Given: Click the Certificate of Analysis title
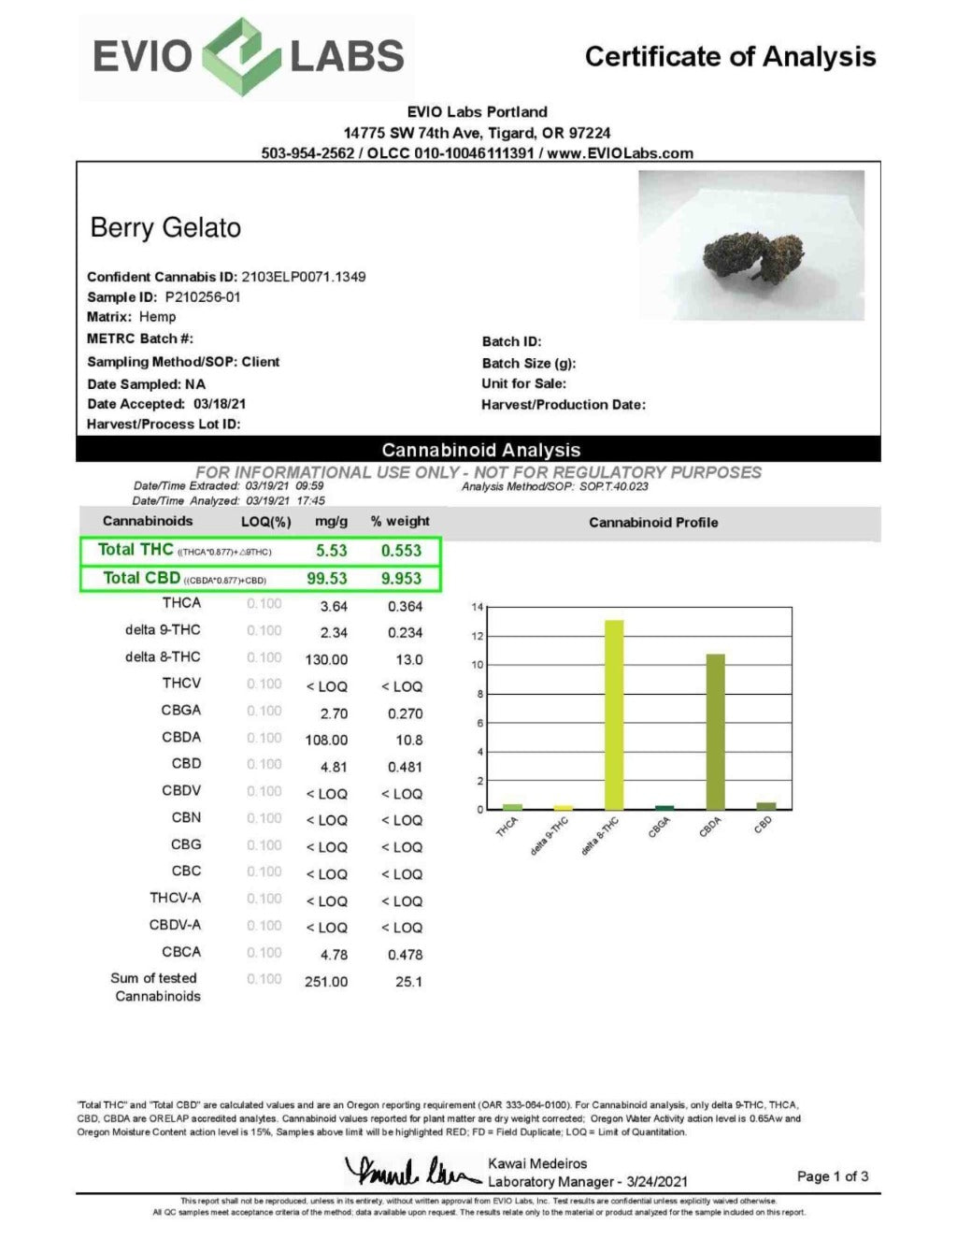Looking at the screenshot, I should coord(730,57).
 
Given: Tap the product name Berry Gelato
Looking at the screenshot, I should coord(165,228).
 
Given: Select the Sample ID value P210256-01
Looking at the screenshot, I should coord(203,297).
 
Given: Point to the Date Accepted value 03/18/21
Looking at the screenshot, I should coord(220,404).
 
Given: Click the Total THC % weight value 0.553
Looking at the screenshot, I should coord(401,551).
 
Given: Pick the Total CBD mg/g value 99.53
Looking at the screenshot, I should coord(327,579).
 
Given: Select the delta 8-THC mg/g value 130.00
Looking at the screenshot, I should coord(326,659).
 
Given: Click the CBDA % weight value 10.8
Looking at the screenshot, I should coord(408,740).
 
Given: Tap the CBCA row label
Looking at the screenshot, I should coord(180,952).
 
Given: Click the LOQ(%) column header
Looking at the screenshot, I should coord(266,522).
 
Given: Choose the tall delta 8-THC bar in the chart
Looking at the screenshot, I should coord(614,714).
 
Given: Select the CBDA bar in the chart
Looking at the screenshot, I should coord(715,731).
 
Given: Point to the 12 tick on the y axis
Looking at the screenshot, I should coord(477,636).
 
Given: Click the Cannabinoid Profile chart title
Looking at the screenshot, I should coord(653,523).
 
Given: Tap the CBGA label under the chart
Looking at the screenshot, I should coord(659,827).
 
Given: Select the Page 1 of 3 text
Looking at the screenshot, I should coord(832,1176).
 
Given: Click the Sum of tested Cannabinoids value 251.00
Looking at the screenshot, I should coord(326,982).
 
